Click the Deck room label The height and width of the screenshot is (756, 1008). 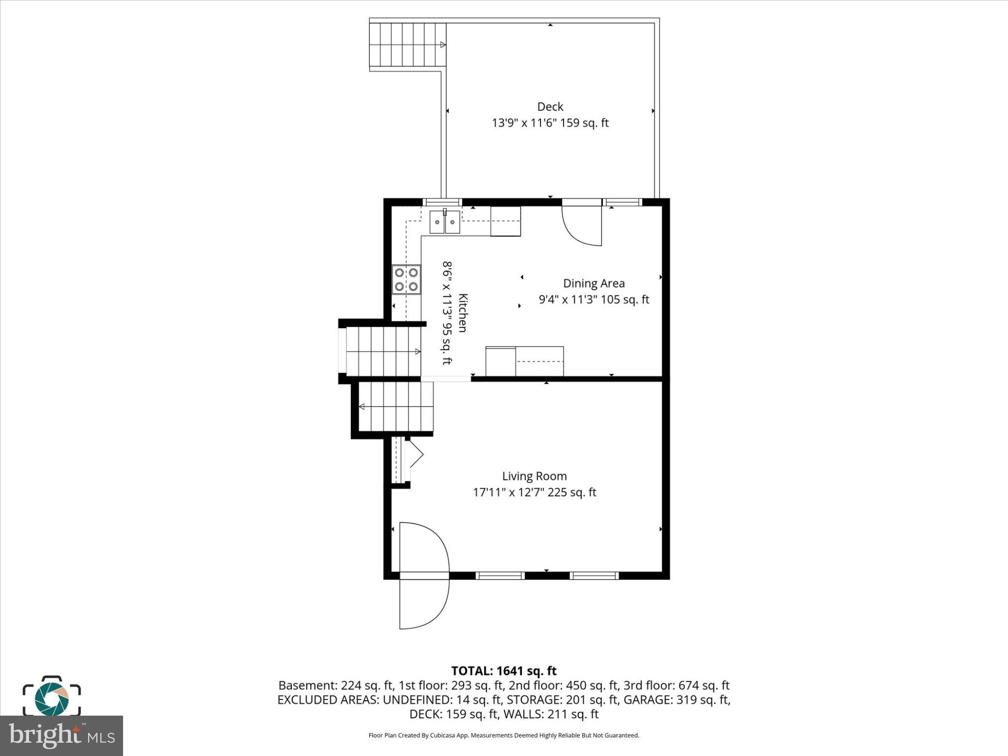(x=550, y=107)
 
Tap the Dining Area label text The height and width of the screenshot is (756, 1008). (x=594, y=283)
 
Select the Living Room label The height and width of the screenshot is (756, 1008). (x=534, y=476)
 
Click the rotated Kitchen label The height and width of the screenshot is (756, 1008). (x=462, y=313)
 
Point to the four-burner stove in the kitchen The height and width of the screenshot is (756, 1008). (x=406, y=279)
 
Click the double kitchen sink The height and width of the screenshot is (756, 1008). (x=444, y=222)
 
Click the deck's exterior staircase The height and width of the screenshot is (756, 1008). (x=408, y=45)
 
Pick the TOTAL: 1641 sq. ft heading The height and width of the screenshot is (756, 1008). (x=504, y=671)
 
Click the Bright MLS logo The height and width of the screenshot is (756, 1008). (x=61, y=736)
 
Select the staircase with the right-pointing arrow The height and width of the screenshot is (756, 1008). (x=383, y=351)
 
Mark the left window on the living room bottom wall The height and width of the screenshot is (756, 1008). (x=500, y=575)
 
